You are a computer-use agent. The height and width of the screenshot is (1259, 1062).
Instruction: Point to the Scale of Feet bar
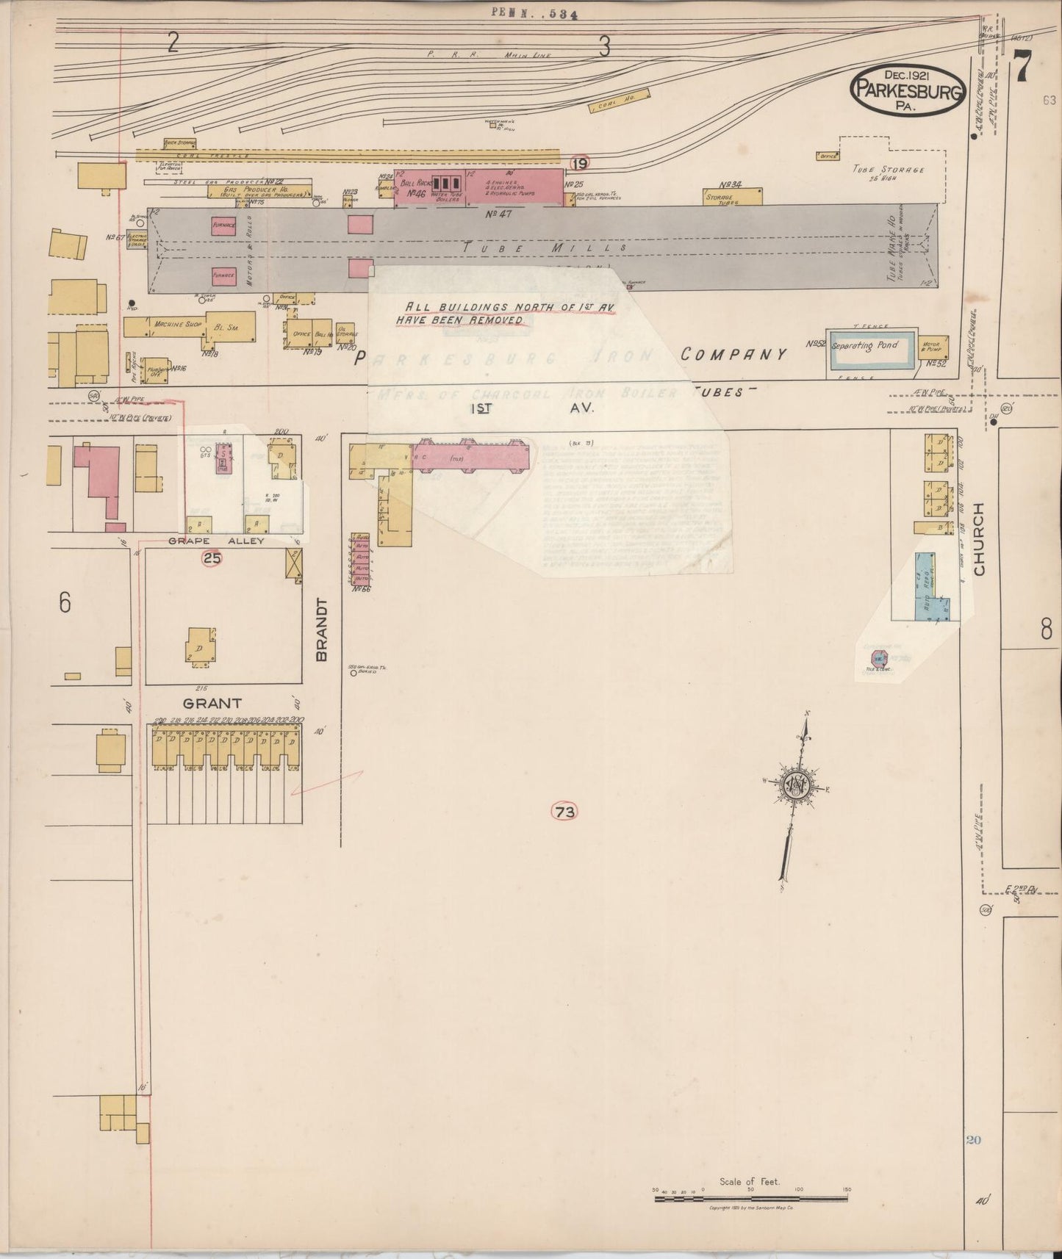(x=750, y=1200)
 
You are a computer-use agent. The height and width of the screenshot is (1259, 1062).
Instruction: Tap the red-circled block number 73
(x=564, y=812)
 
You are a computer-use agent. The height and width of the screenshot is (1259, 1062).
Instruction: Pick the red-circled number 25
(x=212, y=558)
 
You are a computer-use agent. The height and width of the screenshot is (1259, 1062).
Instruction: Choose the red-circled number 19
(x=581, y=163)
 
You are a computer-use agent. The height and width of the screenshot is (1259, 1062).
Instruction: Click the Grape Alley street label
(x=216, y=541)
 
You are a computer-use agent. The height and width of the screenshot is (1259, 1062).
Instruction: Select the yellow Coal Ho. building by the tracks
(x=620, y=101)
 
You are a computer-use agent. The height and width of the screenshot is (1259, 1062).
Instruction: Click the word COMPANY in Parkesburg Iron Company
(x=733, y=355)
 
